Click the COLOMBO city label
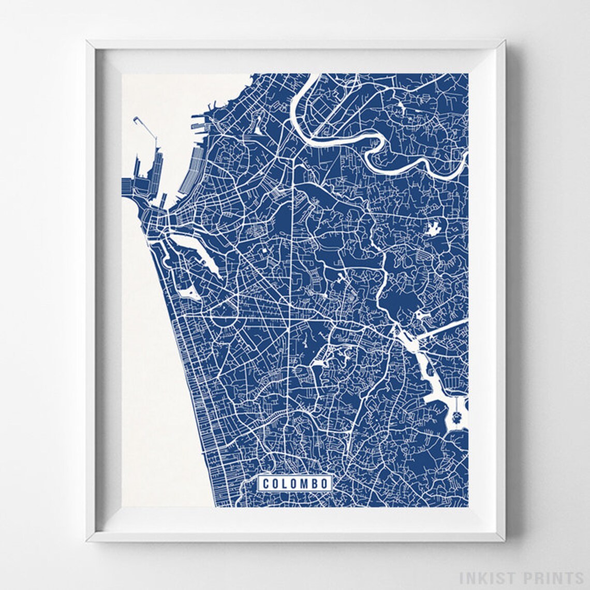click(x=295, y=483)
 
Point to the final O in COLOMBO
click(x=324, y=484)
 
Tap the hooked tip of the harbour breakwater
click(x=136, y=120)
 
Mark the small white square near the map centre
click(x=263, y=250)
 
